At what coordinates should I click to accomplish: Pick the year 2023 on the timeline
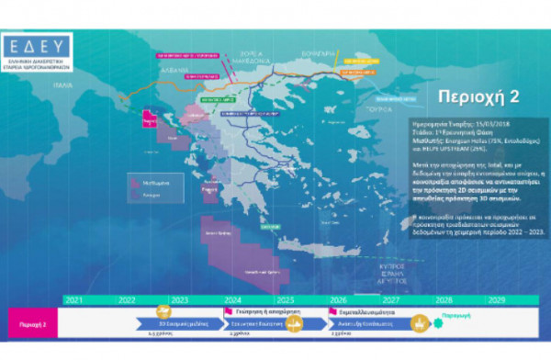pos(178,300)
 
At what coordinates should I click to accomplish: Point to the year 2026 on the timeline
pos(339,300)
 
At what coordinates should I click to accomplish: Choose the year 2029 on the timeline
pos(497,300)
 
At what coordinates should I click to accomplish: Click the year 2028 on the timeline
pos(444,300)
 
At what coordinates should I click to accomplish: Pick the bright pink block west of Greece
pos(148,120)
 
